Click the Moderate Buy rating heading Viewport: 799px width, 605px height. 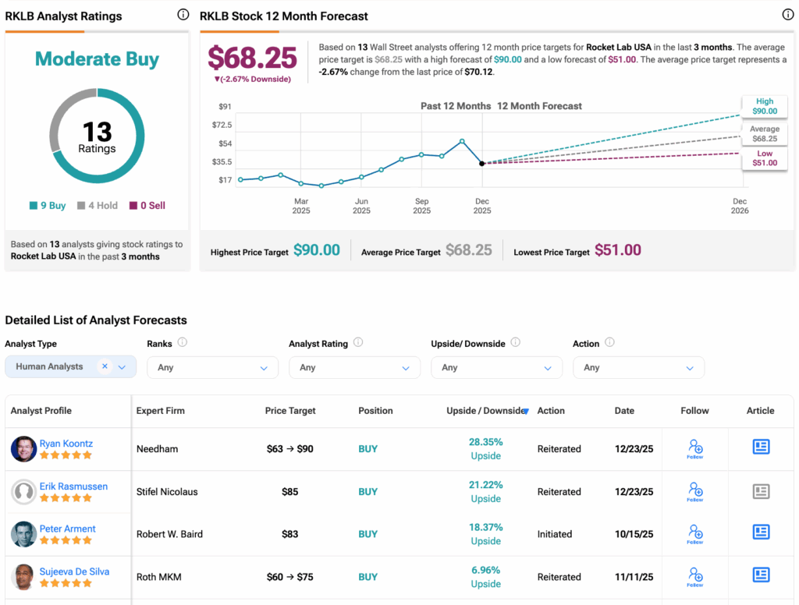tap(97, 59)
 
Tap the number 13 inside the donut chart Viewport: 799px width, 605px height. tap(97, 131)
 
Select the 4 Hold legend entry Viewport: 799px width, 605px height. tap(98, 206)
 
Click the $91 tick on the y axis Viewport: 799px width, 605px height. tap(225, 107)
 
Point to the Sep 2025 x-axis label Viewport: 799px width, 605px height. tap(421, 206)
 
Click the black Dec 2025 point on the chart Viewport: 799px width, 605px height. tap(482, 164)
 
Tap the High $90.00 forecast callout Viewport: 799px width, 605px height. tap(764, 106)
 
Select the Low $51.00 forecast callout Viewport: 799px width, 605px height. tap(764, 158)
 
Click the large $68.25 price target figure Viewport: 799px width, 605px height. tap(252, 58)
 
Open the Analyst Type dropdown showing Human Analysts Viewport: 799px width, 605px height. tap(70, 366)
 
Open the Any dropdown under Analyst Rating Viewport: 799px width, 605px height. tap(354, 367)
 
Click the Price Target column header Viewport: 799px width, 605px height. tap(289, 411)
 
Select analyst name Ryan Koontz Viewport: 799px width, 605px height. tap(66, 444)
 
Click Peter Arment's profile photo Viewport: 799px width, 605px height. tap(24, 534)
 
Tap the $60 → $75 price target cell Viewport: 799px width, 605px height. tap(289, 577)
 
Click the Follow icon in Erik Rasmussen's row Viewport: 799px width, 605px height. tap(694, 491)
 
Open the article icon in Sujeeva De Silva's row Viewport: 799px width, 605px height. tap(761, 575)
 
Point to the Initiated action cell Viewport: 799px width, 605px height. tap(556, 534)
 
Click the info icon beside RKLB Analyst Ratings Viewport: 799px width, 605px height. tap(183, 15)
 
